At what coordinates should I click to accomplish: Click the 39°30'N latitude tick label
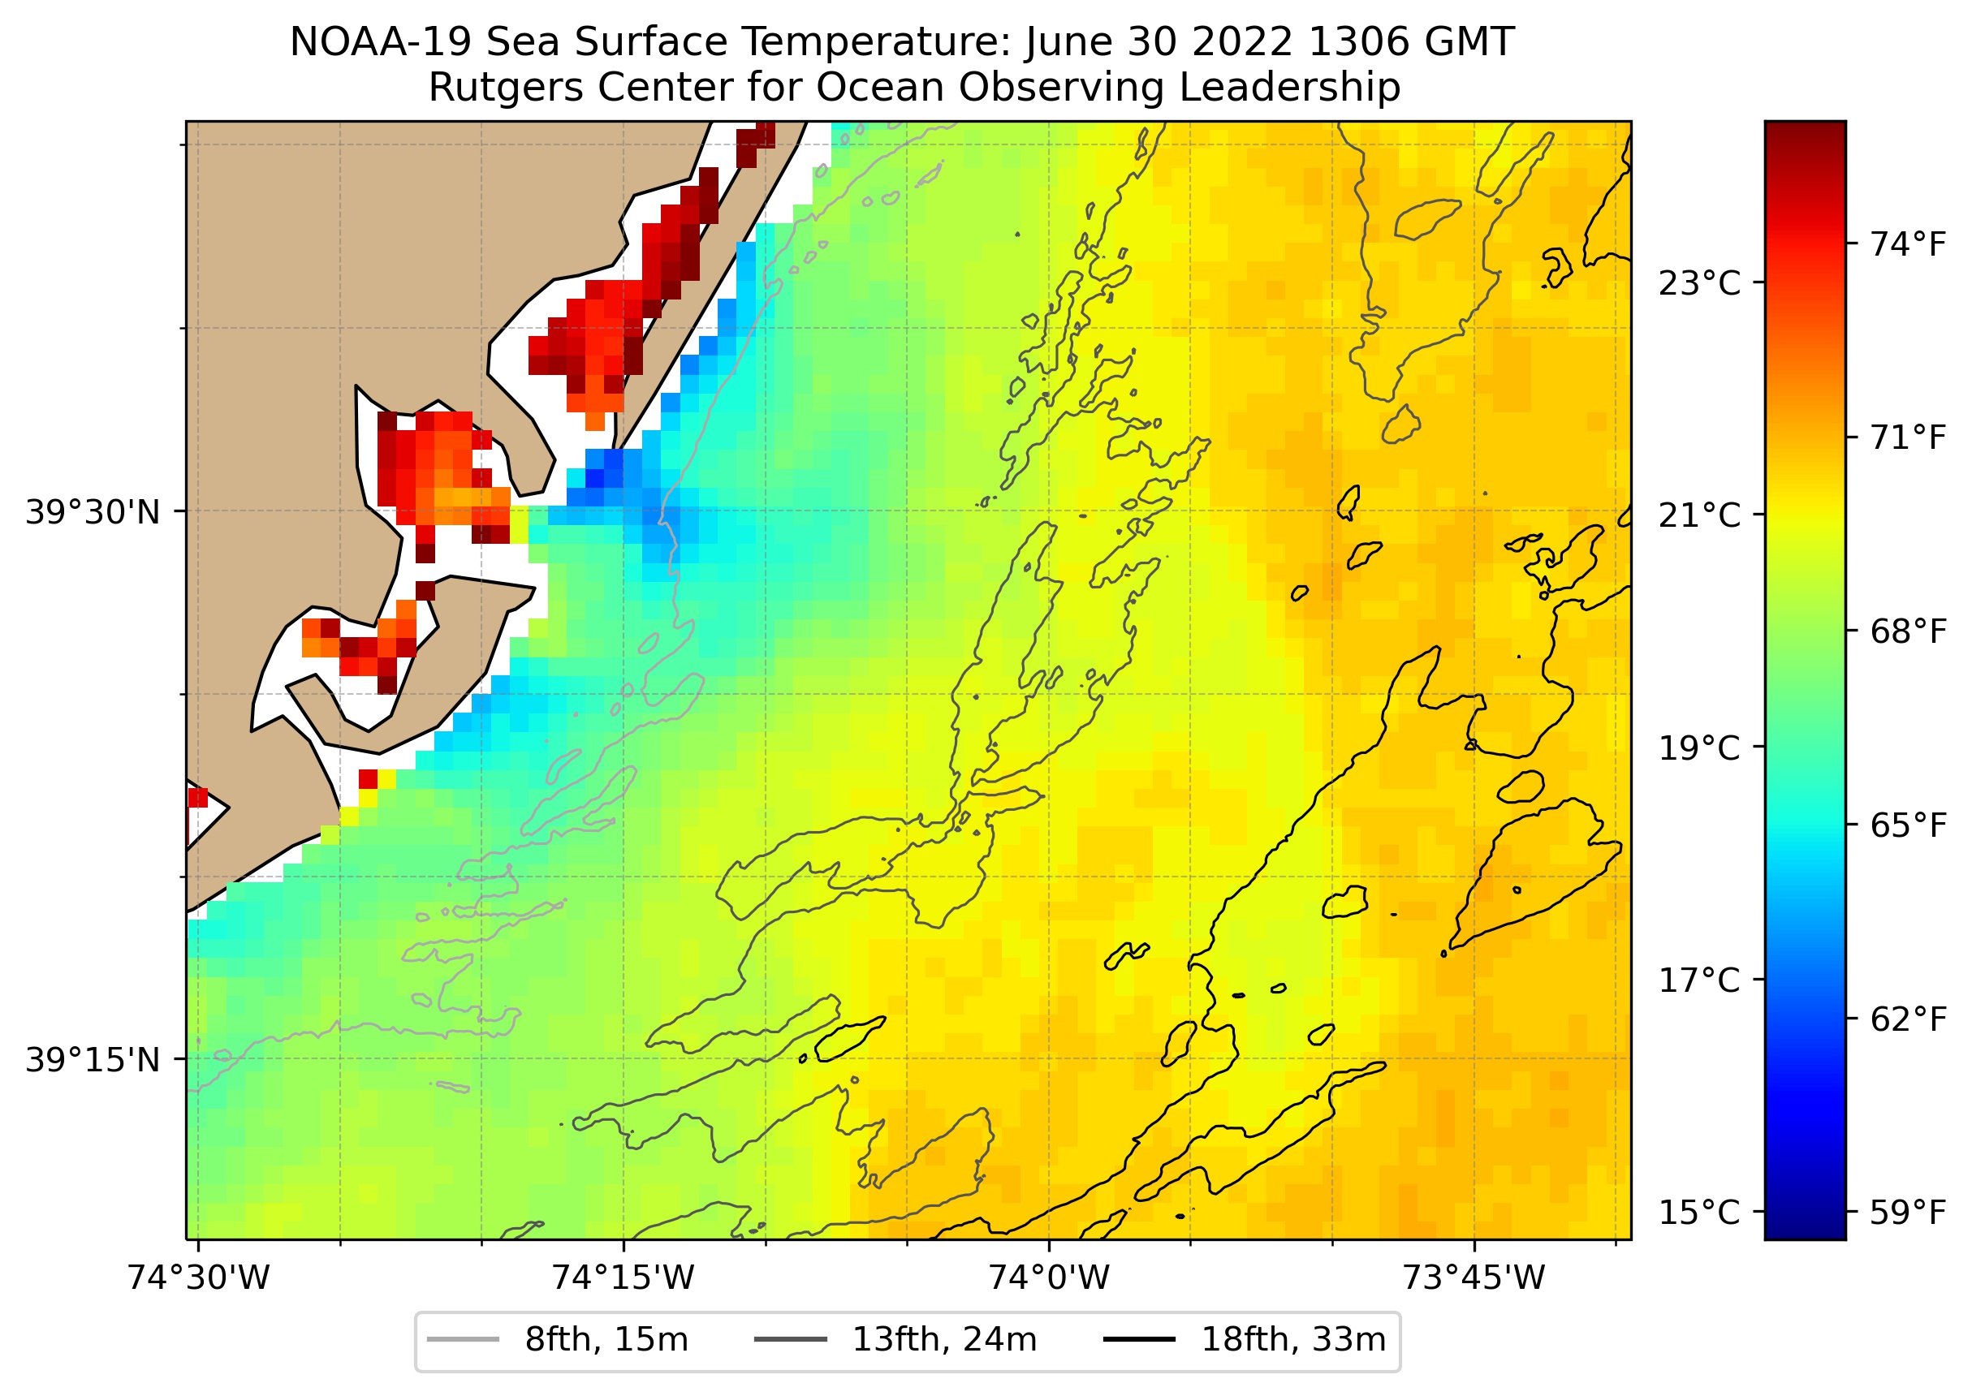tap(93, 513)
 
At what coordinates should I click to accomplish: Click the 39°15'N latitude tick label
tap(93, 1060)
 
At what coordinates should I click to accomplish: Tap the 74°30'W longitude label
tap(199, 1278)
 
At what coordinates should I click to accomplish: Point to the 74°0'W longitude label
tap(1049, 1278)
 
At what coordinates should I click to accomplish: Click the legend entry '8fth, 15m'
tap(606, 1340)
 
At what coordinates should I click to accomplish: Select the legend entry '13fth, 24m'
tap(944, 1340)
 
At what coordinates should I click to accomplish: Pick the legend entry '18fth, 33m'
tap(1293, 1340)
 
